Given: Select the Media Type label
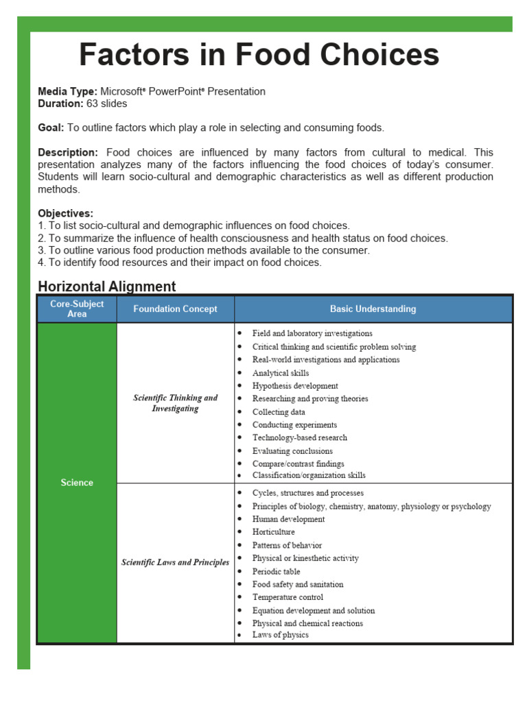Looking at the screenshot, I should tap(67, 91).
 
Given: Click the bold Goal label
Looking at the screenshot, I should tap(51, 128).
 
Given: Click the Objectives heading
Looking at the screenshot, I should tap(66, 213).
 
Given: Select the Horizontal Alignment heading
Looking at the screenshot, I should tap(107, 287).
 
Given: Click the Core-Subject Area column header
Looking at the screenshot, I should tap(77, 308).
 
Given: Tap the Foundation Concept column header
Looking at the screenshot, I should tap(175, 309).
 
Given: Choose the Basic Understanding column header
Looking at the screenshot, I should tap(373, 309).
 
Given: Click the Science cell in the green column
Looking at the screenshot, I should tap(77, 483).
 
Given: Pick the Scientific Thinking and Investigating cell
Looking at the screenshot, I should tap(175, 403).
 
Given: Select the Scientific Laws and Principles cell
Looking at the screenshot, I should tap(175, 562).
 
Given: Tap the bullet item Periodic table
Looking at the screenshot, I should tap(276, 571).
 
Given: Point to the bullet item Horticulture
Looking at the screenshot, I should tap(273, 532).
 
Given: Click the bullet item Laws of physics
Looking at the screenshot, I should tap(280, 635).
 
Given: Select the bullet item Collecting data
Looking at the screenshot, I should tap(279, 412).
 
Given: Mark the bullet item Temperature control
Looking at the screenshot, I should tap(288, 597).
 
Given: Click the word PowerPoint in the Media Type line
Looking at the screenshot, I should tap(177, 91).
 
